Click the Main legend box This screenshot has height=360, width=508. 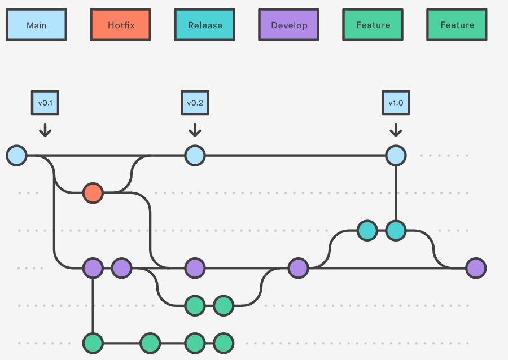pyautogui.click(x=36, y=25)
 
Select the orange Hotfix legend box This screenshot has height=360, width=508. pyautogui.click(x=120, y=25)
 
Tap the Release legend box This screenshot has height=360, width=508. pyautogui.click(x=204, y=25)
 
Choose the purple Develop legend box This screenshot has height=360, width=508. pyautogui.click(x=288, y=25)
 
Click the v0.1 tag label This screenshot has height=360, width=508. pyautogui.click(x=45, y=103)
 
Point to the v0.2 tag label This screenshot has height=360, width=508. pyautogui.click(x=195, y=103)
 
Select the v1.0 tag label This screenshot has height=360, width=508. pyautogui.click(x=396, y=103)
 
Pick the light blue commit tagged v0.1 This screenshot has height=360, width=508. pyautogui.click(x=16, y=155)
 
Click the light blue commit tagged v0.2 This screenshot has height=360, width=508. pyautogui.click(x=195, y=155)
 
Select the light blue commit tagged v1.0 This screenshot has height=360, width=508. pyautogui.click(x=396, y=155)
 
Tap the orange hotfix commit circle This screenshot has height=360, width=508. pyautogui.click(x=93, y=193)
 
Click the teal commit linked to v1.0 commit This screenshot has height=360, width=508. pyautogui.click(x=396, y=230)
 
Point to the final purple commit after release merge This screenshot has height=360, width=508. pyautogui.click(x=476, y=268)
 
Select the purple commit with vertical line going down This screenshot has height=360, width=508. pyautogui.click(x=93, y=268)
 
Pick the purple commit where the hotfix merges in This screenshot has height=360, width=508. pyautogui.click(x=195, y=268)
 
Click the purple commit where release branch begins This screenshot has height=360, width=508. pyautogui.click(x=298, y=268)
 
